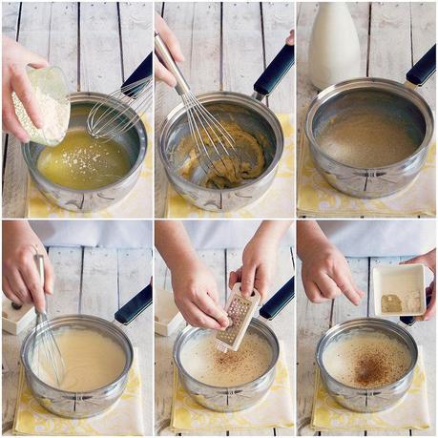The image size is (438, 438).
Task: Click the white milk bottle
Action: coord(335,43)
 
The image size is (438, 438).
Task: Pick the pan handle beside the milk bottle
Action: coord(419,67)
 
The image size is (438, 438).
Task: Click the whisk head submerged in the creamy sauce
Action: coord(48,353)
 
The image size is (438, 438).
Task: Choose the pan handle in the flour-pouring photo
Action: coord(138,73)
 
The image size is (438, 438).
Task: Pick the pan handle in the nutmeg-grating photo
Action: coord(278,299)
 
